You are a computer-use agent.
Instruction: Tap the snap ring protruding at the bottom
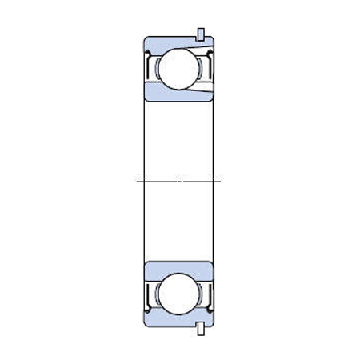click(201, 328)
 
